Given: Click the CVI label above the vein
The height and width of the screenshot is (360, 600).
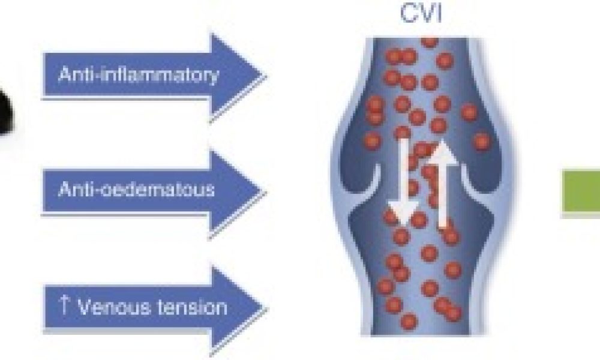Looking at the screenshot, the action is point(420,13).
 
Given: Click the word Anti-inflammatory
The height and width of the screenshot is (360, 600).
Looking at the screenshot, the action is point(138,74).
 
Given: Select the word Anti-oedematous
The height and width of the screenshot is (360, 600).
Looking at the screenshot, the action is point(136,189).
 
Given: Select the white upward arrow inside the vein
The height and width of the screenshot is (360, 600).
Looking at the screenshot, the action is point(443,184).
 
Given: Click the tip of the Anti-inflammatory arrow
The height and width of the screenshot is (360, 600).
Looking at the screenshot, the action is point(266,75).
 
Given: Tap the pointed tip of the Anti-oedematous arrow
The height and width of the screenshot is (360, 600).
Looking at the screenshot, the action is point(266,190).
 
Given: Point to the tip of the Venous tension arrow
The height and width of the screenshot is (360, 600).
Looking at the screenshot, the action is point(266,308).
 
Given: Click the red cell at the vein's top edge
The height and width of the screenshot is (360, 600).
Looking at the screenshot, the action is point(430,41).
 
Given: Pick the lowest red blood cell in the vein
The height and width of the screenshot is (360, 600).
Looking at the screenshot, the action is point(408,321).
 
